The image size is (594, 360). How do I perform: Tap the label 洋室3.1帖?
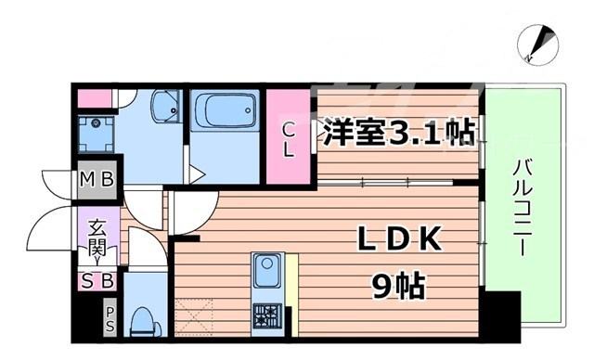coord(397,132)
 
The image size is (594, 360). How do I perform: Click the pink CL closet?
coord(289,137)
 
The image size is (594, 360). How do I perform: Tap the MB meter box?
coord(97,179)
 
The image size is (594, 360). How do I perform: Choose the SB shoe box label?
coord(97,279)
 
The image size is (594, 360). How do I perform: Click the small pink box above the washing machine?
coord(93,97)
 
